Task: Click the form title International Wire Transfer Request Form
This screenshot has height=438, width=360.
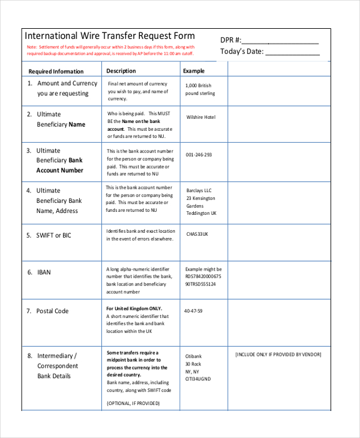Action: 109,36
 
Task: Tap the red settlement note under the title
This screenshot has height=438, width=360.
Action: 111,50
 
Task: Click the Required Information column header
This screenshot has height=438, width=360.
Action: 56,71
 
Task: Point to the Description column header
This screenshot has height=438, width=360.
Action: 121,71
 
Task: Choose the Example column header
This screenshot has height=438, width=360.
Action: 193,71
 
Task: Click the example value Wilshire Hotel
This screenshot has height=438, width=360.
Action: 200,117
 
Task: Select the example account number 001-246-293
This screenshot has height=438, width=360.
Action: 199,155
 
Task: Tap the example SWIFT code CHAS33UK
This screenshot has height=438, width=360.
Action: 197,234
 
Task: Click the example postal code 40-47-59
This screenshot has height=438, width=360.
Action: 193,311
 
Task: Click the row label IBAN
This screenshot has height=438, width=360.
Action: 44,272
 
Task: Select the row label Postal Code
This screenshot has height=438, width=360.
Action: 52,311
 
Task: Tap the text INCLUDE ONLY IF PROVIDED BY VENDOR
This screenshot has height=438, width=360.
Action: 278,355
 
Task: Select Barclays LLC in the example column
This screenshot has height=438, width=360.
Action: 199,191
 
